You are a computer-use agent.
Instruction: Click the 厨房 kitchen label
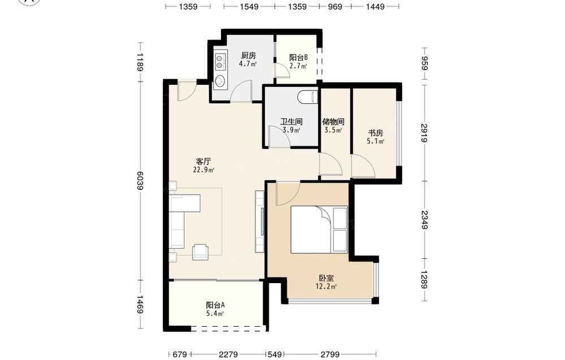tap(248, 55)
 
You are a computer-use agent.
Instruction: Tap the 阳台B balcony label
tap(298, 57)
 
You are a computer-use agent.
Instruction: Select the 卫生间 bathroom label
tap(291, 122)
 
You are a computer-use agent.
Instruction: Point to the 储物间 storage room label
tap(333, 122)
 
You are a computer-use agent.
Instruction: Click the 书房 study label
tap(375, 133)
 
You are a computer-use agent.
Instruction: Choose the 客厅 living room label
tap(203, 162)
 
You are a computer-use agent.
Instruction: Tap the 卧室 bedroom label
tap(327, 278)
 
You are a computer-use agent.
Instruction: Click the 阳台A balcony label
tap(215, 305)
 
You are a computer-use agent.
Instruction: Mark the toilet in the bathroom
tap(307, 97)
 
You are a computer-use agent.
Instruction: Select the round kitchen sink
tap(219, 81)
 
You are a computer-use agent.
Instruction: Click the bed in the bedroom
tap(319, 229)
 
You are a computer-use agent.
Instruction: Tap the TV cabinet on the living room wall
tap(260, 222)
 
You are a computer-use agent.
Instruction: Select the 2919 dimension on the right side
tap(424, 133)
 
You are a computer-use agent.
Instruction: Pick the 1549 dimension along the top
tap(249, 6)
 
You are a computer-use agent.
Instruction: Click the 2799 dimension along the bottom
tap(330, 354)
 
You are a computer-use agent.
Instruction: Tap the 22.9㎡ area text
tap(203, 170)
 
